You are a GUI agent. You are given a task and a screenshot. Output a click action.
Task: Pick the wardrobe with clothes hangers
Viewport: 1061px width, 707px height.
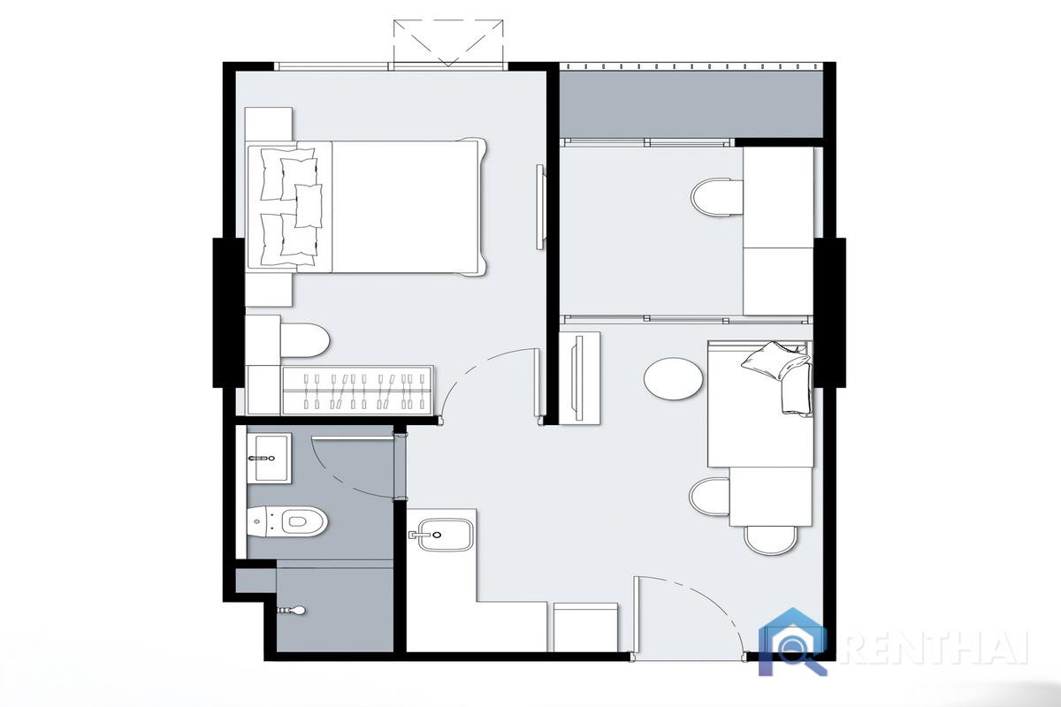pyautogui.click(x=358, y=390)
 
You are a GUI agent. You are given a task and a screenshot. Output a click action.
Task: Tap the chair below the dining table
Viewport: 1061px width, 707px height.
pyautogui.click(x=770, y=540)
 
